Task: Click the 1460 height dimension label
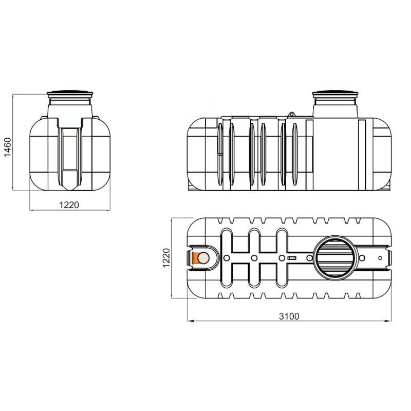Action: [x=8, y=147]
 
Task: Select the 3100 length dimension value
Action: [x=289, y=316]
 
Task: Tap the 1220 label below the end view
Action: [x=69, y=204]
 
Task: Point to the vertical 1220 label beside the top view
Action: [x=166, y=258]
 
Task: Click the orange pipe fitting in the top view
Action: [x=195, y=258]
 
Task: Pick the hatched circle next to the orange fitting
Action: [x=203, y=258]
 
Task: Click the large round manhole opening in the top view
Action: [x=337, y=258]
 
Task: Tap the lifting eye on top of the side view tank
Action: [x=291, y=115]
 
